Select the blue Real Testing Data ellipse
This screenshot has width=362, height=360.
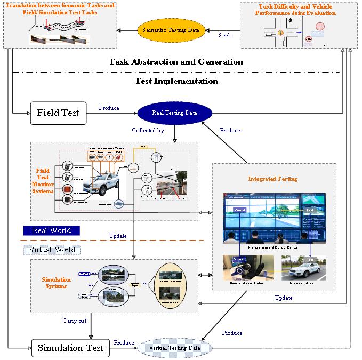(x=174, y=113)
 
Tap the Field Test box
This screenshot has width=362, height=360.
(x=58, y=113)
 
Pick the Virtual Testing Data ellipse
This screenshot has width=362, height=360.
(x=175, y=348)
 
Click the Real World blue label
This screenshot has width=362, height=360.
(x=51, y=231)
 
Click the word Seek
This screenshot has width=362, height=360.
(x=225, y=35)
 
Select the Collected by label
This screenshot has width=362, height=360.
(x=148, y=130)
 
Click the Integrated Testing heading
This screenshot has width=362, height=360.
(x=273, y=179)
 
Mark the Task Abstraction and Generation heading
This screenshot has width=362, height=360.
(x=176, y=62)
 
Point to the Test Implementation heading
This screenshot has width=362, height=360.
(x=176, y=81)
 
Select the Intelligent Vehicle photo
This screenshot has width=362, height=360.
(x=303, y=267)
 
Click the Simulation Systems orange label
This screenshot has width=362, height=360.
(x=56, y=283)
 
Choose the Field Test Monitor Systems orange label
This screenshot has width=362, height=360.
(x=43, y=181)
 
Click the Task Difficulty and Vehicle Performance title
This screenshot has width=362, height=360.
(x=297, y=10)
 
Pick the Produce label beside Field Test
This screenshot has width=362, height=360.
(x=109, y=108)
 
